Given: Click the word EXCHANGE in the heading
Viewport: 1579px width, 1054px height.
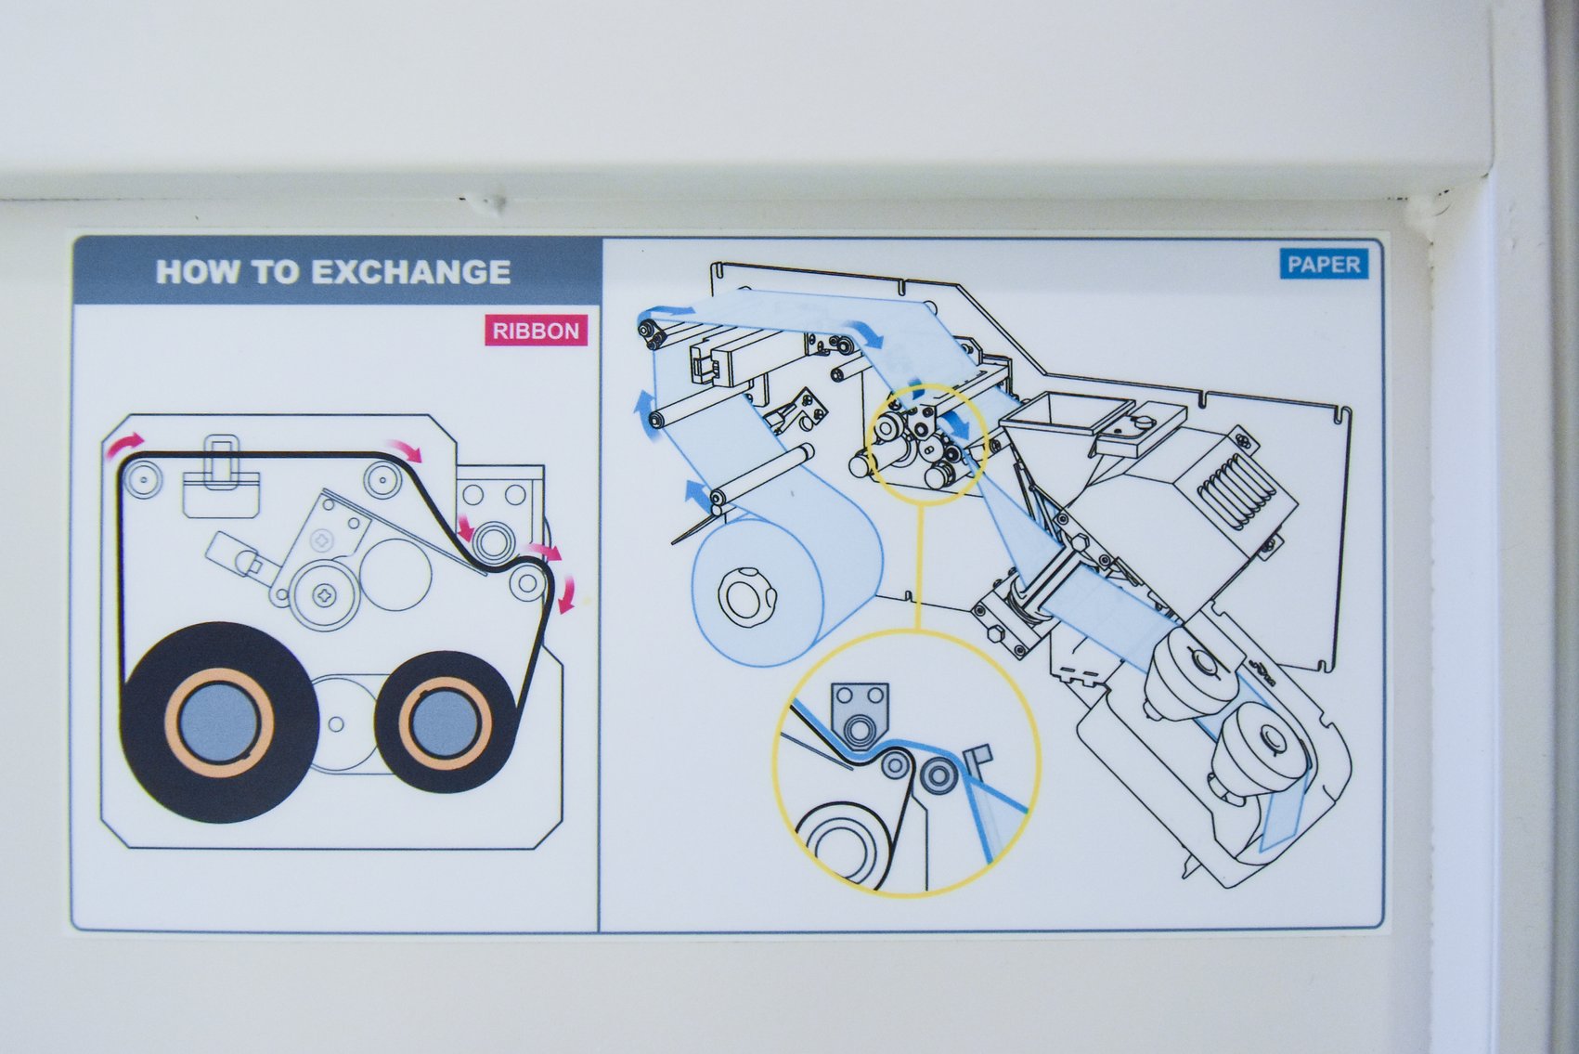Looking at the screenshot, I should pyautogui.click(x=410, y=272).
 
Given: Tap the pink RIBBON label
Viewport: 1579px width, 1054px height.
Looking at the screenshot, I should pyautogui.click(x=536, y=332).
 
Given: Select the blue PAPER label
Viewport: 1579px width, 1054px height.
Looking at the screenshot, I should pyautogui.click(x=1323, y=265).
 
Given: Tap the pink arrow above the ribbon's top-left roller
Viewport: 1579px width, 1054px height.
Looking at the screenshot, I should pyautogui.click(x=124, y=444).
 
